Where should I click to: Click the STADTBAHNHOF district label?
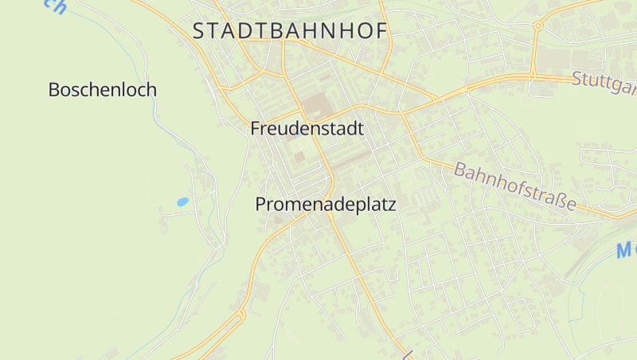pos(290,31)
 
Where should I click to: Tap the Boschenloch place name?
pos(102,89)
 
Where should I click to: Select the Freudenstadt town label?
pos(307,128)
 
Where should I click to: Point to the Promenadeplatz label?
pos(325,205)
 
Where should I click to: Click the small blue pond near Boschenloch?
pos(182,202)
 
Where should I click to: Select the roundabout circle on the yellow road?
pos(538,26)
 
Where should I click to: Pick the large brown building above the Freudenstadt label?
pos(316,104)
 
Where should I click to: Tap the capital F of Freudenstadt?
pos(256,128)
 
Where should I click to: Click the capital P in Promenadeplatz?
pos(260,205)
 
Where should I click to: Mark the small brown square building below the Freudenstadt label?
pos(299,157)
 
